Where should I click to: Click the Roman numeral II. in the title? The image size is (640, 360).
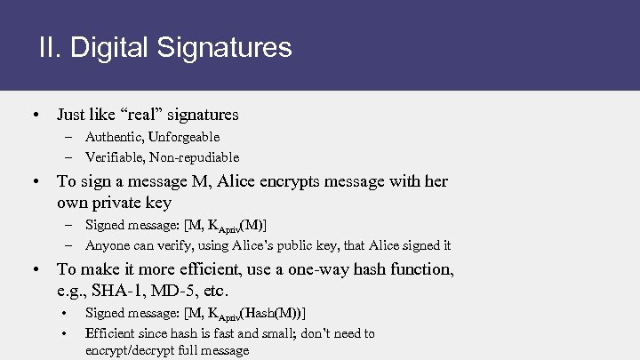(50, 47)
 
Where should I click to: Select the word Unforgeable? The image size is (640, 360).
(184, 137)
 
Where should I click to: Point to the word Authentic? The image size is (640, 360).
(113, 137)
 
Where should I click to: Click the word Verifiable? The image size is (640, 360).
(113, 157)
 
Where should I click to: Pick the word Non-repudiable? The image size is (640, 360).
(195, 157)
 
